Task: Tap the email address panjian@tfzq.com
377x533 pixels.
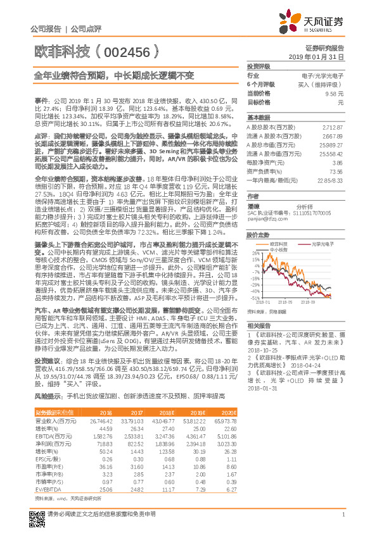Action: coord(265,220)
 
